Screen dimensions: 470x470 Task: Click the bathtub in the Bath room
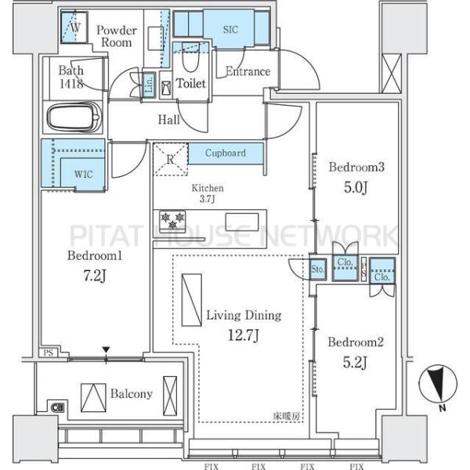tap(74, 117)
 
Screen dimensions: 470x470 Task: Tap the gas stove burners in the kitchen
tap(172, 222)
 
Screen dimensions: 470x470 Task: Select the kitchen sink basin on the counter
tap(242, 222)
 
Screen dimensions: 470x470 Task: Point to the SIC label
tap(230, 30)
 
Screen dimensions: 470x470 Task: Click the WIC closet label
tap(84, 174)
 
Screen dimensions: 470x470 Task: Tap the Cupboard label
tap(226, 153)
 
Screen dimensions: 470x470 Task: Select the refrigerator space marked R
tap(171, 159)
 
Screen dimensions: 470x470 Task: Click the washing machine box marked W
tap(74, 27)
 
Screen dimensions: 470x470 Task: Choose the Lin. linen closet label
tap(149, 84)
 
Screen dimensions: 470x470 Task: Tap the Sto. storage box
tap(317, 269)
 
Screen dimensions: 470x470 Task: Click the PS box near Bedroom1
tap(49, 352)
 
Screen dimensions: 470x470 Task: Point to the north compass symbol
tap(438, 384)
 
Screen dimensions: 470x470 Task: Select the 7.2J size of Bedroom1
tap(95, 276)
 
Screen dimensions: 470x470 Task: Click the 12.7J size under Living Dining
tap(244, 335)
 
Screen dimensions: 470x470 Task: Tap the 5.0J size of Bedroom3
tap(356, 187)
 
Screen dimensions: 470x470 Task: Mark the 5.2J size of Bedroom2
tap(355, 363)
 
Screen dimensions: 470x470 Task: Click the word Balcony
tap(132, 393)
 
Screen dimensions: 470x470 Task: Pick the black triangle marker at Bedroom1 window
tap(106, 350)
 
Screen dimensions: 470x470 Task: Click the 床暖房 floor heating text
tap(287, 416)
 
